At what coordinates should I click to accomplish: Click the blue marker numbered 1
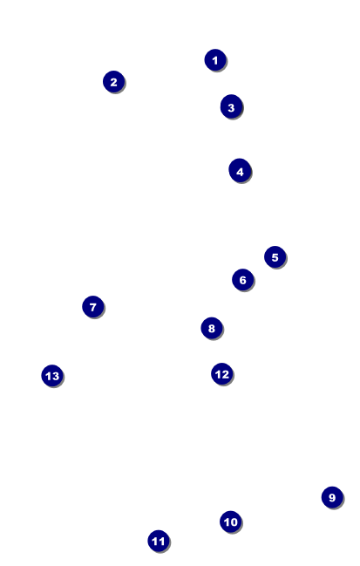click(215, 60)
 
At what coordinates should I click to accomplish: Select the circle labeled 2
click(113, 82)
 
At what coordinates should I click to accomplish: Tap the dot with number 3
click(231, 107)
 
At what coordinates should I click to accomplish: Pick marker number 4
click(240, 171)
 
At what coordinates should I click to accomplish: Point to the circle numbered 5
click(275, 257)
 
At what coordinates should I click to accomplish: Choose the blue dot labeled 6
click(243, 280)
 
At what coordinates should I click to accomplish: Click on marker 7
click(93, 307)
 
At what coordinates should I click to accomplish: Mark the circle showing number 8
click(212, 328)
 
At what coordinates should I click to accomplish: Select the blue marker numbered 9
click(332, 497)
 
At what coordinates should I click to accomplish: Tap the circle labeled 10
click(230, 522)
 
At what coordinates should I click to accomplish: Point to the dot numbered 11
click(159, 541)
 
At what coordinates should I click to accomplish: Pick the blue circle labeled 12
click(222, 374)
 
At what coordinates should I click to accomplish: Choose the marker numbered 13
click(52, 376)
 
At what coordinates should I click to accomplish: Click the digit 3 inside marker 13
click(55, 376)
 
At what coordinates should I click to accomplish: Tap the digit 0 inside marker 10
click(234, 522)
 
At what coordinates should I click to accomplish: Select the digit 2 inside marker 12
click(225, 374)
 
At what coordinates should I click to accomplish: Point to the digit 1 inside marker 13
click(48, 376)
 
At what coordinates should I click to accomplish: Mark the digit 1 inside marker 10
click(227, 522)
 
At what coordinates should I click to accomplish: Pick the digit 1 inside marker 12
click(218, 374)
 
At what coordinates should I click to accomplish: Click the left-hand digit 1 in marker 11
click(155, 541)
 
